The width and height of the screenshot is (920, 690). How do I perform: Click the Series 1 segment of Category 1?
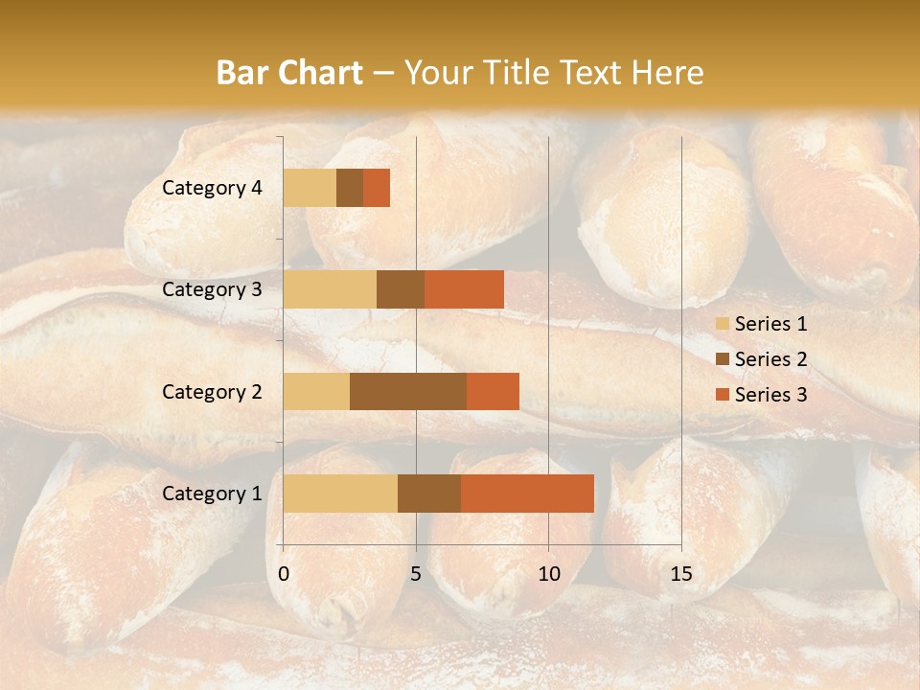[340, 494]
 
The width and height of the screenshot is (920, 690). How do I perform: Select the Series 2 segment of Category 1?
[429, 494]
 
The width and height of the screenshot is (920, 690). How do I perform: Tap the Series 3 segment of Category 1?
[527, 494]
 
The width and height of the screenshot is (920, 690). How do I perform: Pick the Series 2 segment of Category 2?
[408, 391]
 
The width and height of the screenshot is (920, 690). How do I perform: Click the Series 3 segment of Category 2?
[493, 391]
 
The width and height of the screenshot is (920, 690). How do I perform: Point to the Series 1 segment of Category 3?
[330, 289]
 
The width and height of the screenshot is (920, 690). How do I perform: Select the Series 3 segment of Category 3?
[464, 289]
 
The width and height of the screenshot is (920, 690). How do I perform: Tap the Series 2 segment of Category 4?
[350, 188]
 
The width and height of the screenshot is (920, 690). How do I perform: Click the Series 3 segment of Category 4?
[377, 188]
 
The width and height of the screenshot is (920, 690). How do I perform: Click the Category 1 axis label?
[212, 494]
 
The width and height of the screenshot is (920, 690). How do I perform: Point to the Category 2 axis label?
[212, 391]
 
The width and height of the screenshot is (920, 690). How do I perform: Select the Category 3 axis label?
[212, 289]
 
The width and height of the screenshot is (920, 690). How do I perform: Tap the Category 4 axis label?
[212, 188]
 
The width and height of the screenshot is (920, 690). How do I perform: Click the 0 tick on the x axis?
[284, 574]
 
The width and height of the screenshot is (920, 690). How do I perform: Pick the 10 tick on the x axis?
[548, 574]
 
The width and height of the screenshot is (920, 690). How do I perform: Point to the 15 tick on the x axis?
[680, 574]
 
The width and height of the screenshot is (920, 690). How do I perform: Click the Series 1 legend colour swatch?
[722, 324]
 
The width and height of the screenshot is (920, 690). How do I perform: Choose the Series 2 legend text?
[770, 359]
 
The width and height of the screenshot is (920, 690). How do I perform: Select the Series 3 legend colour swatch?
[722, 395]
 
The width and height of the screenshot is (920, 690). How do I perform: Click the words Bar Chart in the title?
[289, 73]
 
